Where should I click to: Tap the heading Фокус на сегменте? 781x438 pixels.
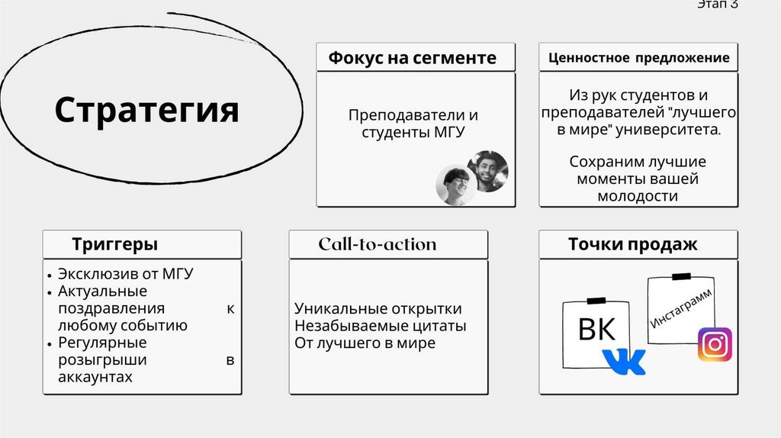412,58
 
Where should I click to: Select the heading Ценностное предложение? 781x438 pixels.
638,58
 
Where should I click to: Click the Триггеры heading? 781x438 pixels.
115,245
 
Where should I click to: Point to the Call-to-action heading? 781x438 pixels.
378,245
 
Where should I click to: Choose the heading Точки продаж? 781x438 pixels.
632,245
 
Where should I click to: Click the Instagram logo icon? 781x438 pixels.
715,345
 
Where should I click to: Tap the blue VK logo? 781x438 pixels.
623,361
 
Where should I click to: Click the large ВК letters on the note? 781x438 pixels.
596,330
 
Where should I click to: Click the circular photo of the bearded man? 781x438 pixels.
487,171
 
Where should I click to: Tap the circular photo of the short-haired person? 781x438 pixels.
455,186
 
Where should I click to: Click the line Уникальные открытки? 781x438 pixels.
378,309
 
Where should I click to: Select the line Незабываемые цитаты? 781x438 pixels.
380,326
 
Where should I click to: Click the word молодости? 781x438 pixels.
638,196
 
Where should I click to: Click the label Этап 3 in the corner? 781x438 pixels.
717,5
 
